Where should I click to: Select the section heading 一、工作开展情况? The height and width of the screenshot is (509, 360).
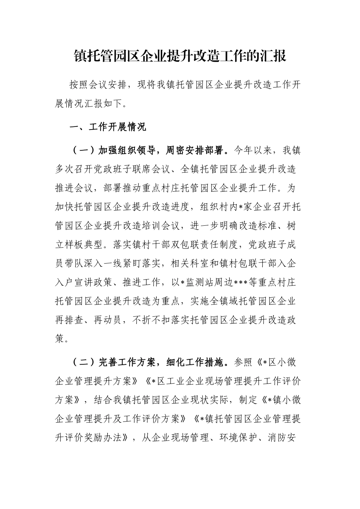[x=108, y=127]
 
